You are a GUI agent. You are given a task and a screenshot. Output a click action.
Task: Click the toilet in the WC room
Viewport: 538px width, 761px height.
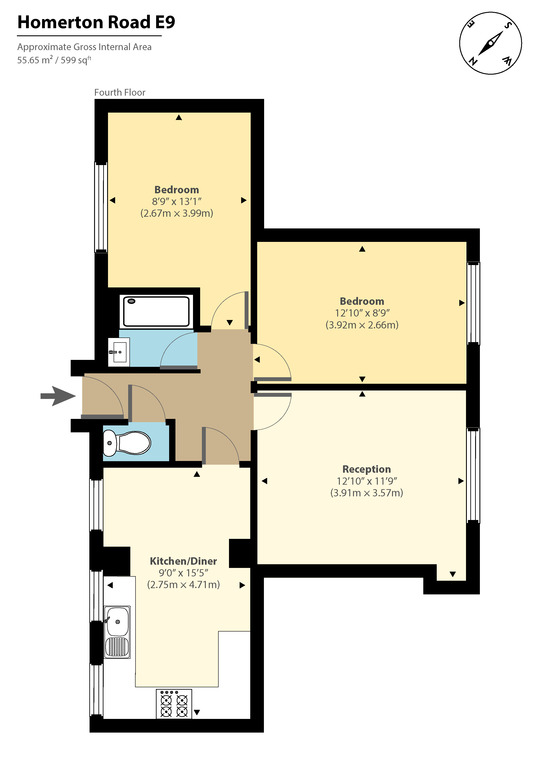[x=128, y=443]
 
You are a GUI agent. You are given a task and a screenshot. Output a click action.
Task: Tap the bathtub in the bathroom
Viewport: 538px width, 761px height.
[x=156, y=312]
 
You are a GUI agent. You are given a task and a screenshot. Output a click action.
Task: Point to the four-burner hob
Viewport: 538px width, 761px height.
[x=174, y=704]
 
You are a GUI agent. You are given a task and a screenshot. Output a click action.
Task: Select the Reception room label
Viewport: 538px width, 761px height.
[x=366, y=469]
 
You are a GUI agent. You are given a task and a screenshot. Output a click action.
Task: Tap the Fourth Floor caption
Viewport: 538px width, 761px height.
[x=120, y=92]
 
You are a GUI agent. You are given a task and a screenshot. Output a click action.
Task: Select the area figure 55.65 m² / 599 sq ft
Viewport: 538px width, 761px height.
[x=54, y=60]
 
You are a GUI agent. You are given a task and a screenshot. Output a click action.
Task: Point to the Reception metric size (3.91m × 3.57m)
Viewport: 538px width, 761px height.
[x=366, y=493]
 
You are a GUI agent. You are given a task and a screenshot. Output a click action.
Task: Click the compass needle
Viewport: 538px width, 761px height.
[x=491, y=43]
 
